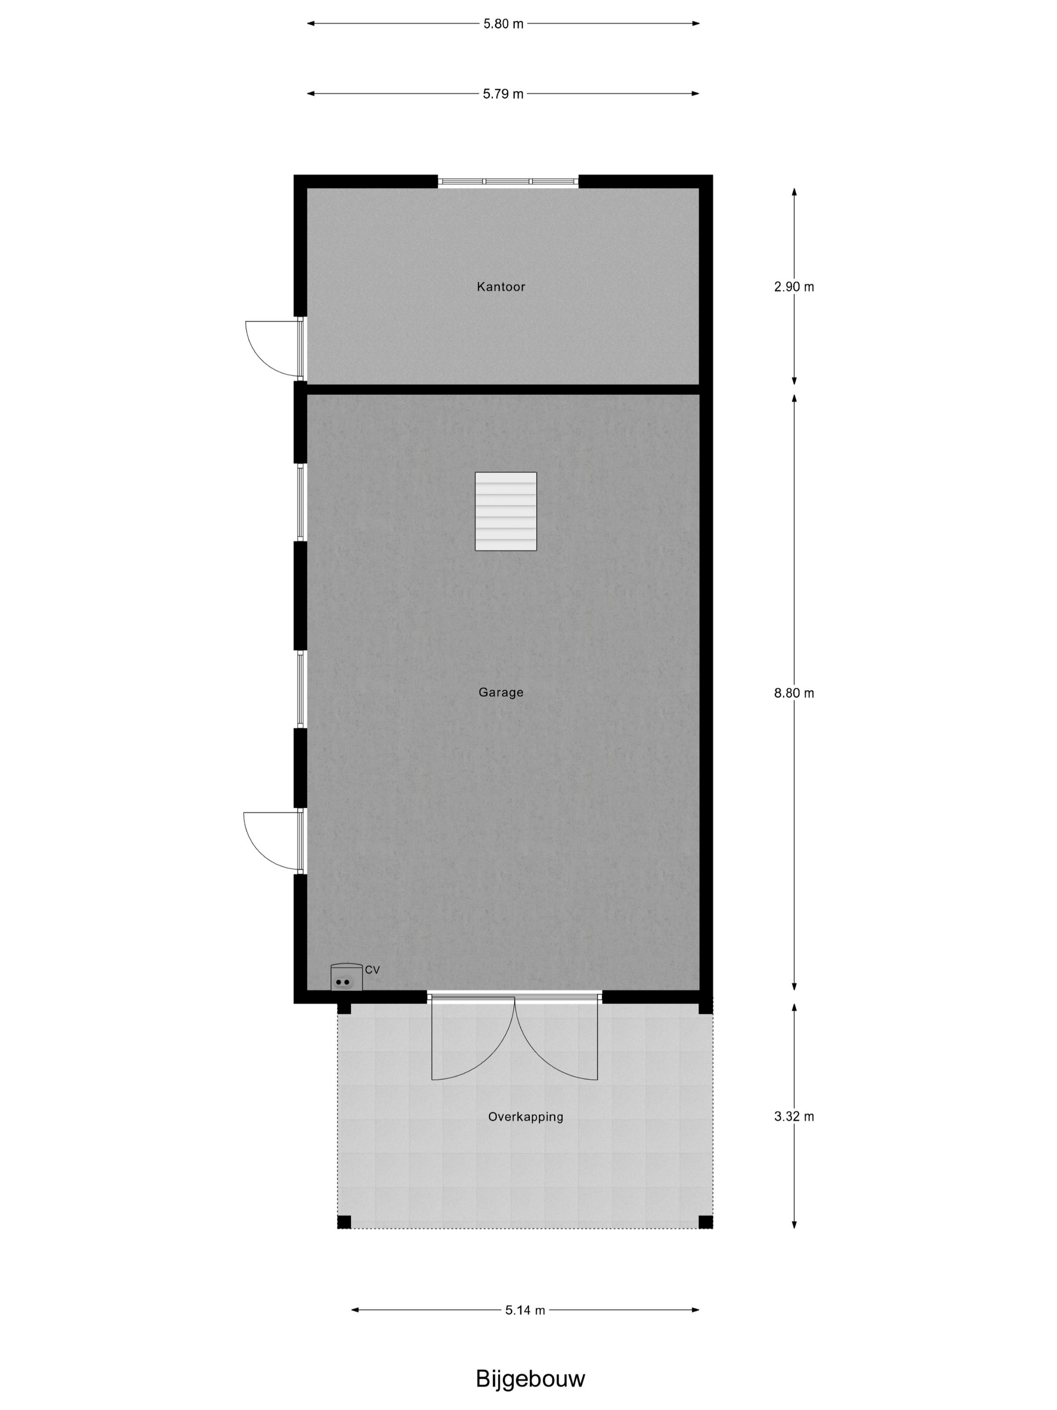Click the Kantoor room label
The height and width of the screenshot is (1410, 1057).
tap(501, 287)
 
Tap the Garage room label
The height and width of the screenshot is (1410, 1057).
tap(501, 692)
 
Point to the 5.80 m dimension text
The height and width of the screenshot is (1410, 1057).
tap(503, 24)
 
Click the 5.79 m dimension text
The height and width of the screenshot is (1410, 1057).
tap(503, 94)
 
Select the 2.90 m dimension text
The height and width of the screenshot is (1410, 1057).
tap(794, 287)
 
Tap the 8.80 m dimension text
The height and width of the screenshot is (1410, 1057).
tap(794, 693)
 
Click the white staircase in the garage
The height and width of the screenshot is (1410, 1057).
tap(506, 511)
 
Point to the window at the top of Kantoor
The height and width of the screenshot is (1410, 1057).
tap(508, 182)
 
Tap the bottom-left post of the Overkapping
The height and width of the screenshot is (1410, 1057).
tap(344, 1222)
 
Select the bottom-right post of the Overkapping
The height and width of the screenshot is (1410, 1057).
tap(705, 1222)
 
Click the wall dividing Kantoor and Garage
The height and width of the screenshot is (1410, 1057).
tap(503, 389)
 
